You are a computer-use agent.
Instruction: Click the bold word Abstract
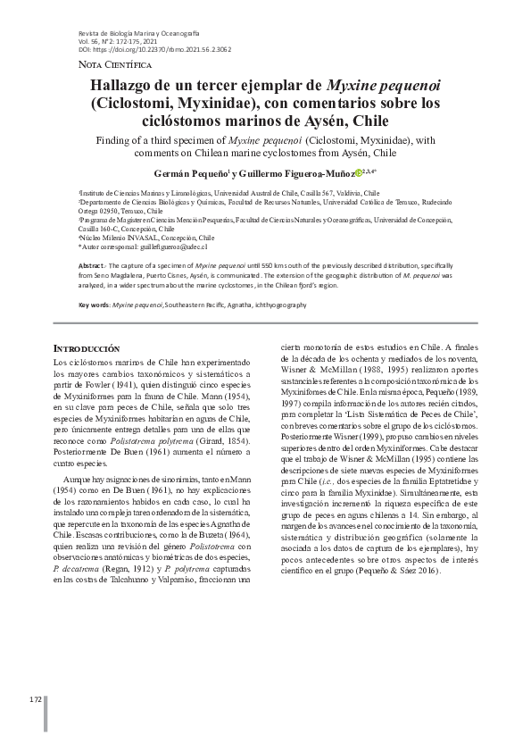(94, 267)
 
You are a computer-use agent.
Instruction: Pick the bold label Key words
(95, 305)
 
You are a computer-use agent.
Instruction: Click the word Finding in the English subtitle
(121, 140)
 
